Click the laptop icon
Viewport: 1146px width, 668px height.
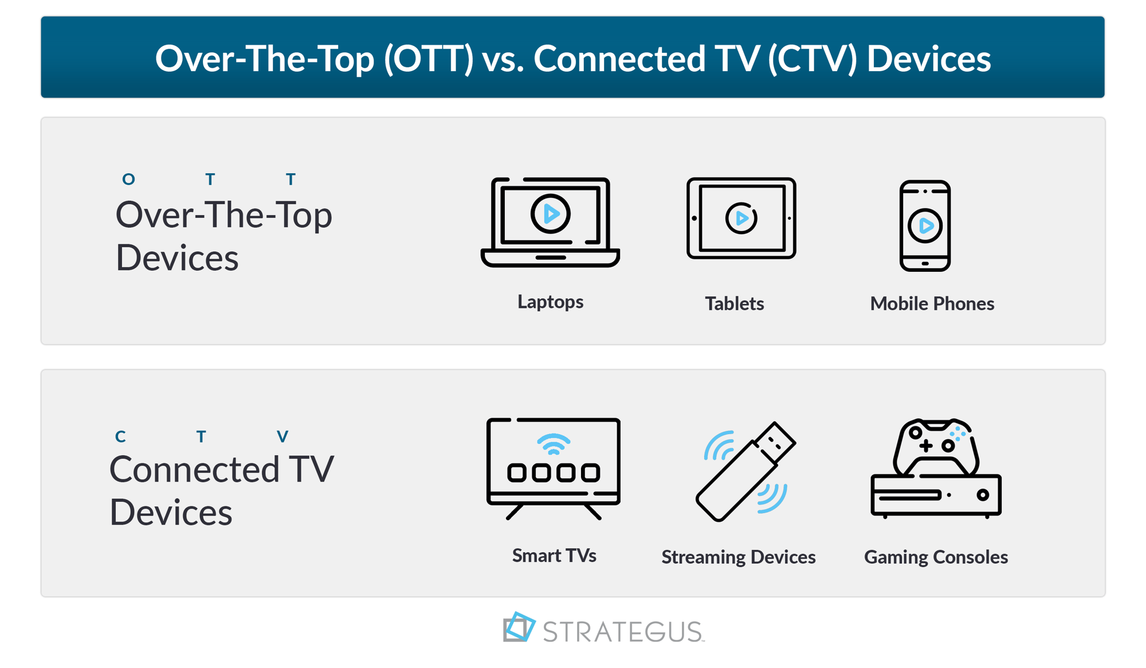tap(550, 222)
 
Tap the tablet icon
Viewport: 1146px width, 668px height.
tap(741, 218)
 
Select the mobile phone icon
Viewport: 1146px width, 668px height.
tap(925, 225)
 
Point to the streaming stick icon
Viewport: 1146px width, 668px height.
tap(745, 472)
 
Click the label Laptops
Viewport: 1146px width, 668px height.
tap(550, 302)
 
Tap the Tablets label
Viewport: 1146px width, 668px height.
tap(734, 303)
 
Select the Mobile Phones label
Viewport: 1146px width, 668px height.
tap(932, 303)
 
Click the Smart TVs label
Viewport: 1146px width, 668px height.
tap(554, 555)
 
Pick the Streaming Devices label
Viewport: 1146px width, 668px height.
tap(738, 557)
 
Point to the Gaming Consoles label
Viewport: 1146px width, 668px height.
tap(936, 557)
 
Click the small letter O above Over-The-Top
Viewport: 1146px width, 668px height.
tap(128, 179)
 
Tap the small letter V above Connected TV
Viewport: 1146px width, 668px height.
tap(282, 437)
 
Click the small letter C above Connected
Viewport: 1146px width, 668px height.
tap(120, 437)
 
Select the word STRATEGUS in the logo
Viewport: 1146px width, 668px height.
tap(623, 631)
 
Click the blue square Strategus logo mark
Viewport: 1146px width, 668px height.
tap(519, 627)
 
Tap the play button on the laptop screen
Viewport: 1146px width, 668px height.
tap(550, 214)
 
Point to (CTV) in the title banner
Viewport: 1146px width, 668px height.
tap(812, 58)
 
